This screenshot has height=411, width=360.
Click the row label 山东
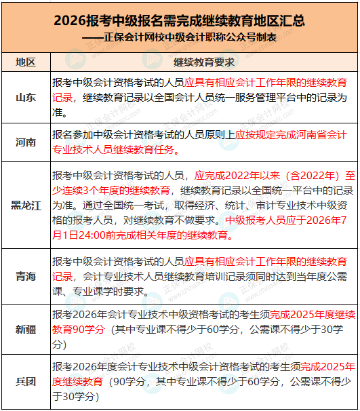tap(26, 97)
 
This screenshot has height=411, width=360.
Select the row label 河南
tap(26, 142)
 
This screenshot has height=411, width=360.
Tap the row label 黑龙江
tap(26, 206)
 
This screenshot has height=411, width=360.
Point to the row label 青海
tap(26, 276)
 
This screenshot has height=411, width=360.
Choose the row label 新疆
tap(26, 329)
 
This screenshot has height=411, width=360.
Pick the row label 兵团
tap(26, 381)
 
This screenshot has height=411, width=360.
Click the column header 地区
tap(26, 62)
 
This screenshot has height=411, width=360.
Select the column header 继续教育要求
tap(203, 62)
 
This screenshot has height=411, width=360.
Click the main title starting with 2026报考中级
tap(179, 21)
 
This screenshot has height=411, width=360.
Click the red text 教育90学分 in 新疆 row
tap(78, 329)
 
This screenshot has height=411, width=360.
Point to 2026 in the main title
tap(71, 21)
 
